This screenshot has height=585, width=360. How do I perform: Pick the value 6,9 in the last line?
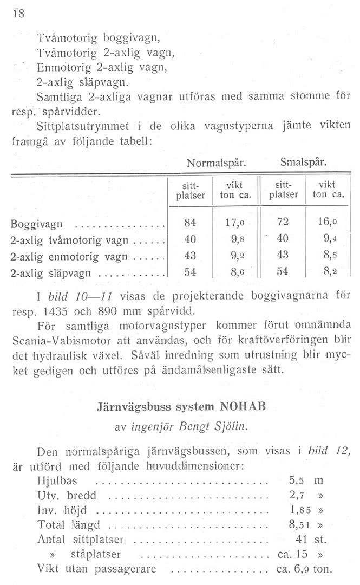pos(302,569)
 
